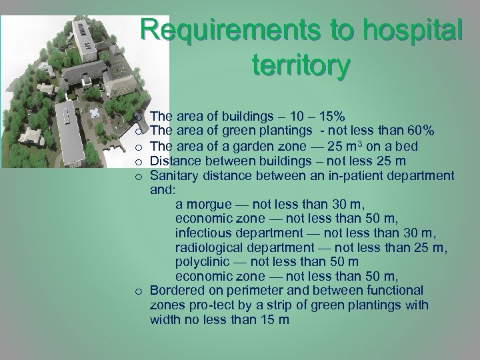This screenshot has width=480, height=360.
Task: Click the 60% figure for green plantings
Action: pos(421,130)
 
